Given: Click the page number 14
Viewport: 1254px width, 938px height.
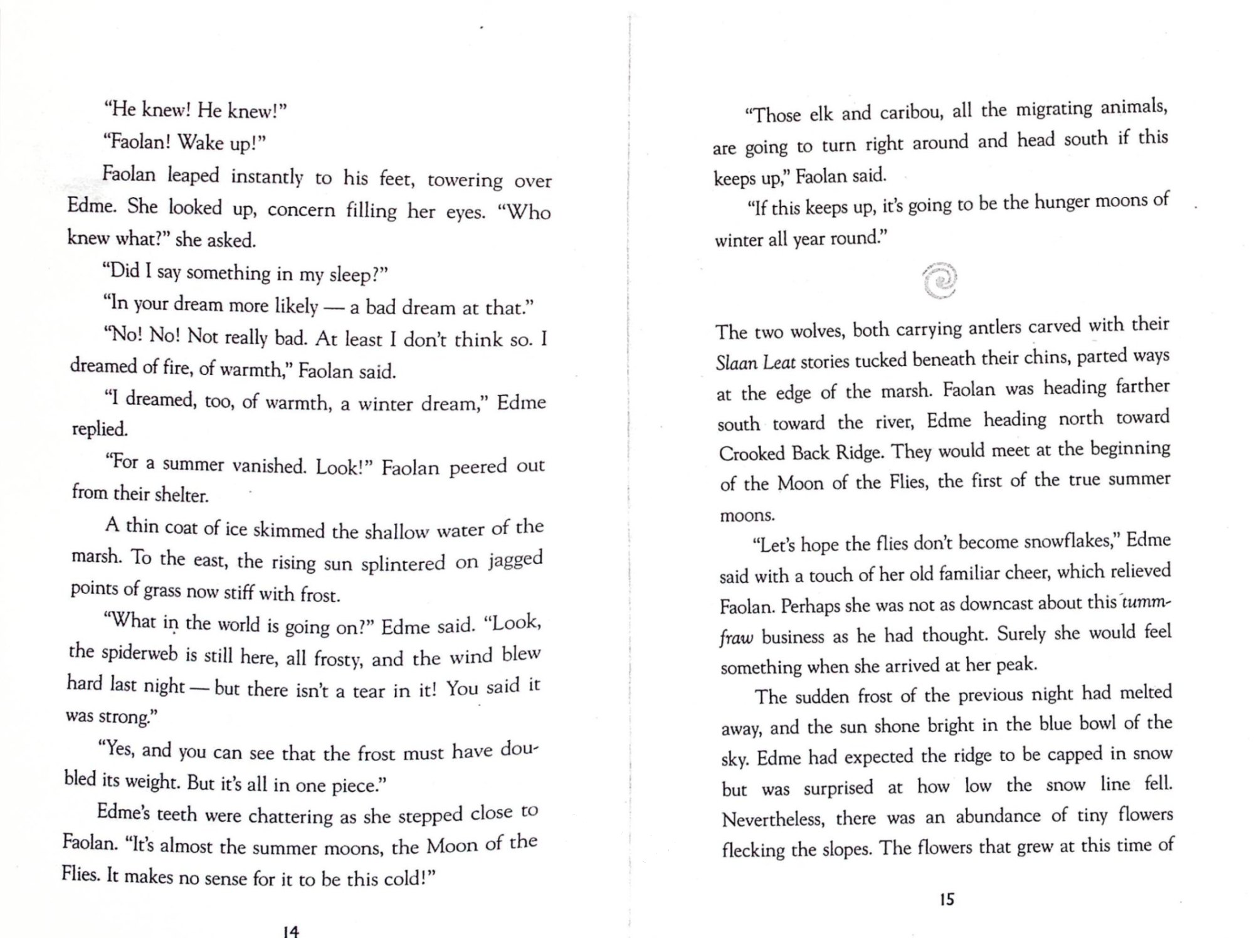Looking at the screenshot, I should (291, 930).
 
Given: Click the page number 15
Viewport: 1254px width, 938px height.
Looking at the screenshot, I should (947, 900).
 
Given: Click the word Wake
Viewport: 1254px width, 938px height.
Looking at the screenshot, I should (203, 142).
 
